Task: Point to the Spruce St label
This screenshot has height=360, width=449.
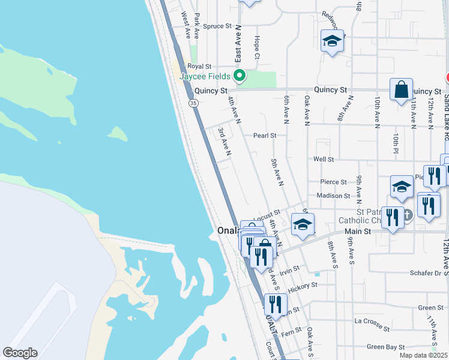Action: [x=217, y=26]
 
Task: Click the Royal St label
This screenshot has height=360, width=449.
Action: [x=199, y=66]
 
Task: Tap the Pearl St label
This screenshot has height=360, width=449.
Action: [x=264, y=136]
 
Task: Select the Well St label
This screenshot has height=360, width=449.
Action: [x=323, y=159]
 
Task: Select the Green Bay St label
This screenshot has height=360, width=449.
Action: [x=385, y=347]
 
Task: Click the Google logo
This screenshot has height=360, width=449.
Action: [x=20, y=353]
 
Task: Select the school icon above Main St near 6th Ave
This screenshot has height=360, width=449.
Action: [x=303, y=225]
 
